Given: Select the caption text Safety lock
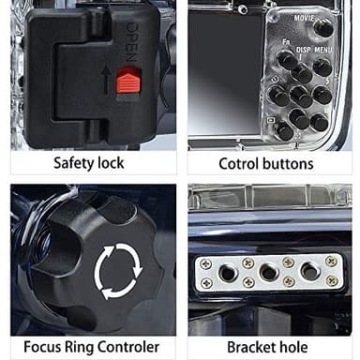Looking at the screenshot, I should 90,163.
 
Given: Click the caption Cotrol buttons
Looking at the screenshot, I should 269,163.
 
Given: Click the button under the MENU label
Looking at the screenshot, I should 322,67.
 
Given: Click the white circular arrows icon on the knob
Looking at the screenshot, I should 118,269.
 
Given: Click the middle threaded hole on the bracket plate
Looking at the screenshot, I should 269,272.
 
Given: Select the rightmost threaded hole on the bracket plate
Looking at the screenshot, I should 309,272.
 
